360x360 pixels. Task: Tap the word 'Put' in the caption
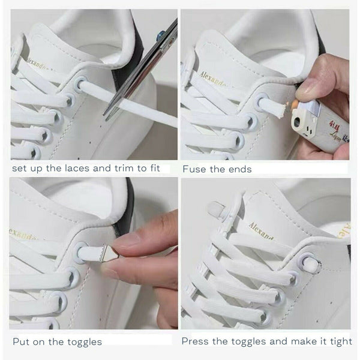tap(21, 341)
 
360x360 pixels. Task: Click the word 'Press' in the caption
tap(196, 341)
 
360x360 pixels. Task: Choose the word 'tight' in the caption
tap(339, 341)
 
